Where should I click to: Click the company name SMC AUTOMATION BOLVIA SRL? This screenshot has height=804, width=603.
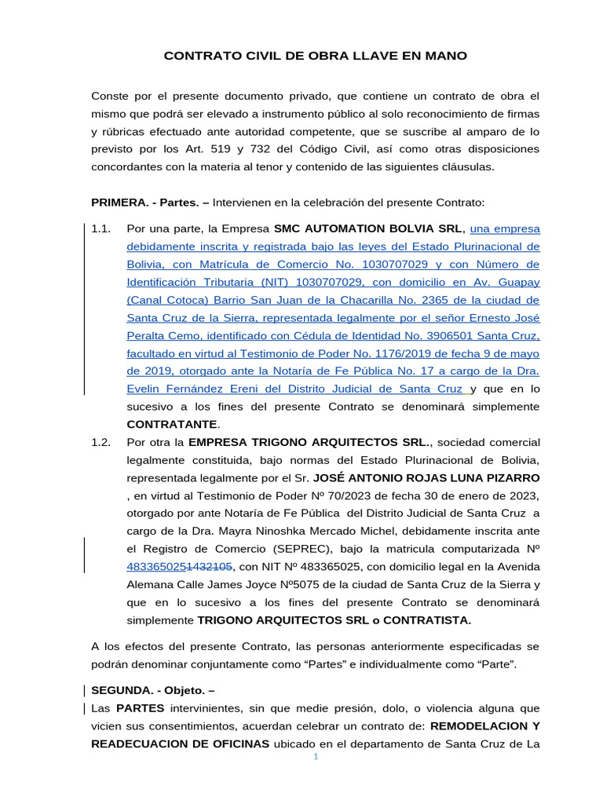click(x=369, y=228)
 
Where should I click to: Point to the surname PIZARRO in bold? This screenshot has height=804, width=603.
click(x=510, y=477)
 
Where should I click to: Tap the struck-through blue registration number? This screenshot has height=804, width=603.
click(x=180, y=566)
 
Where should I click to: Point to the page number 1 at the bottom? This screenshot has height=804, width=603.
click(x=315, y=755)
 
